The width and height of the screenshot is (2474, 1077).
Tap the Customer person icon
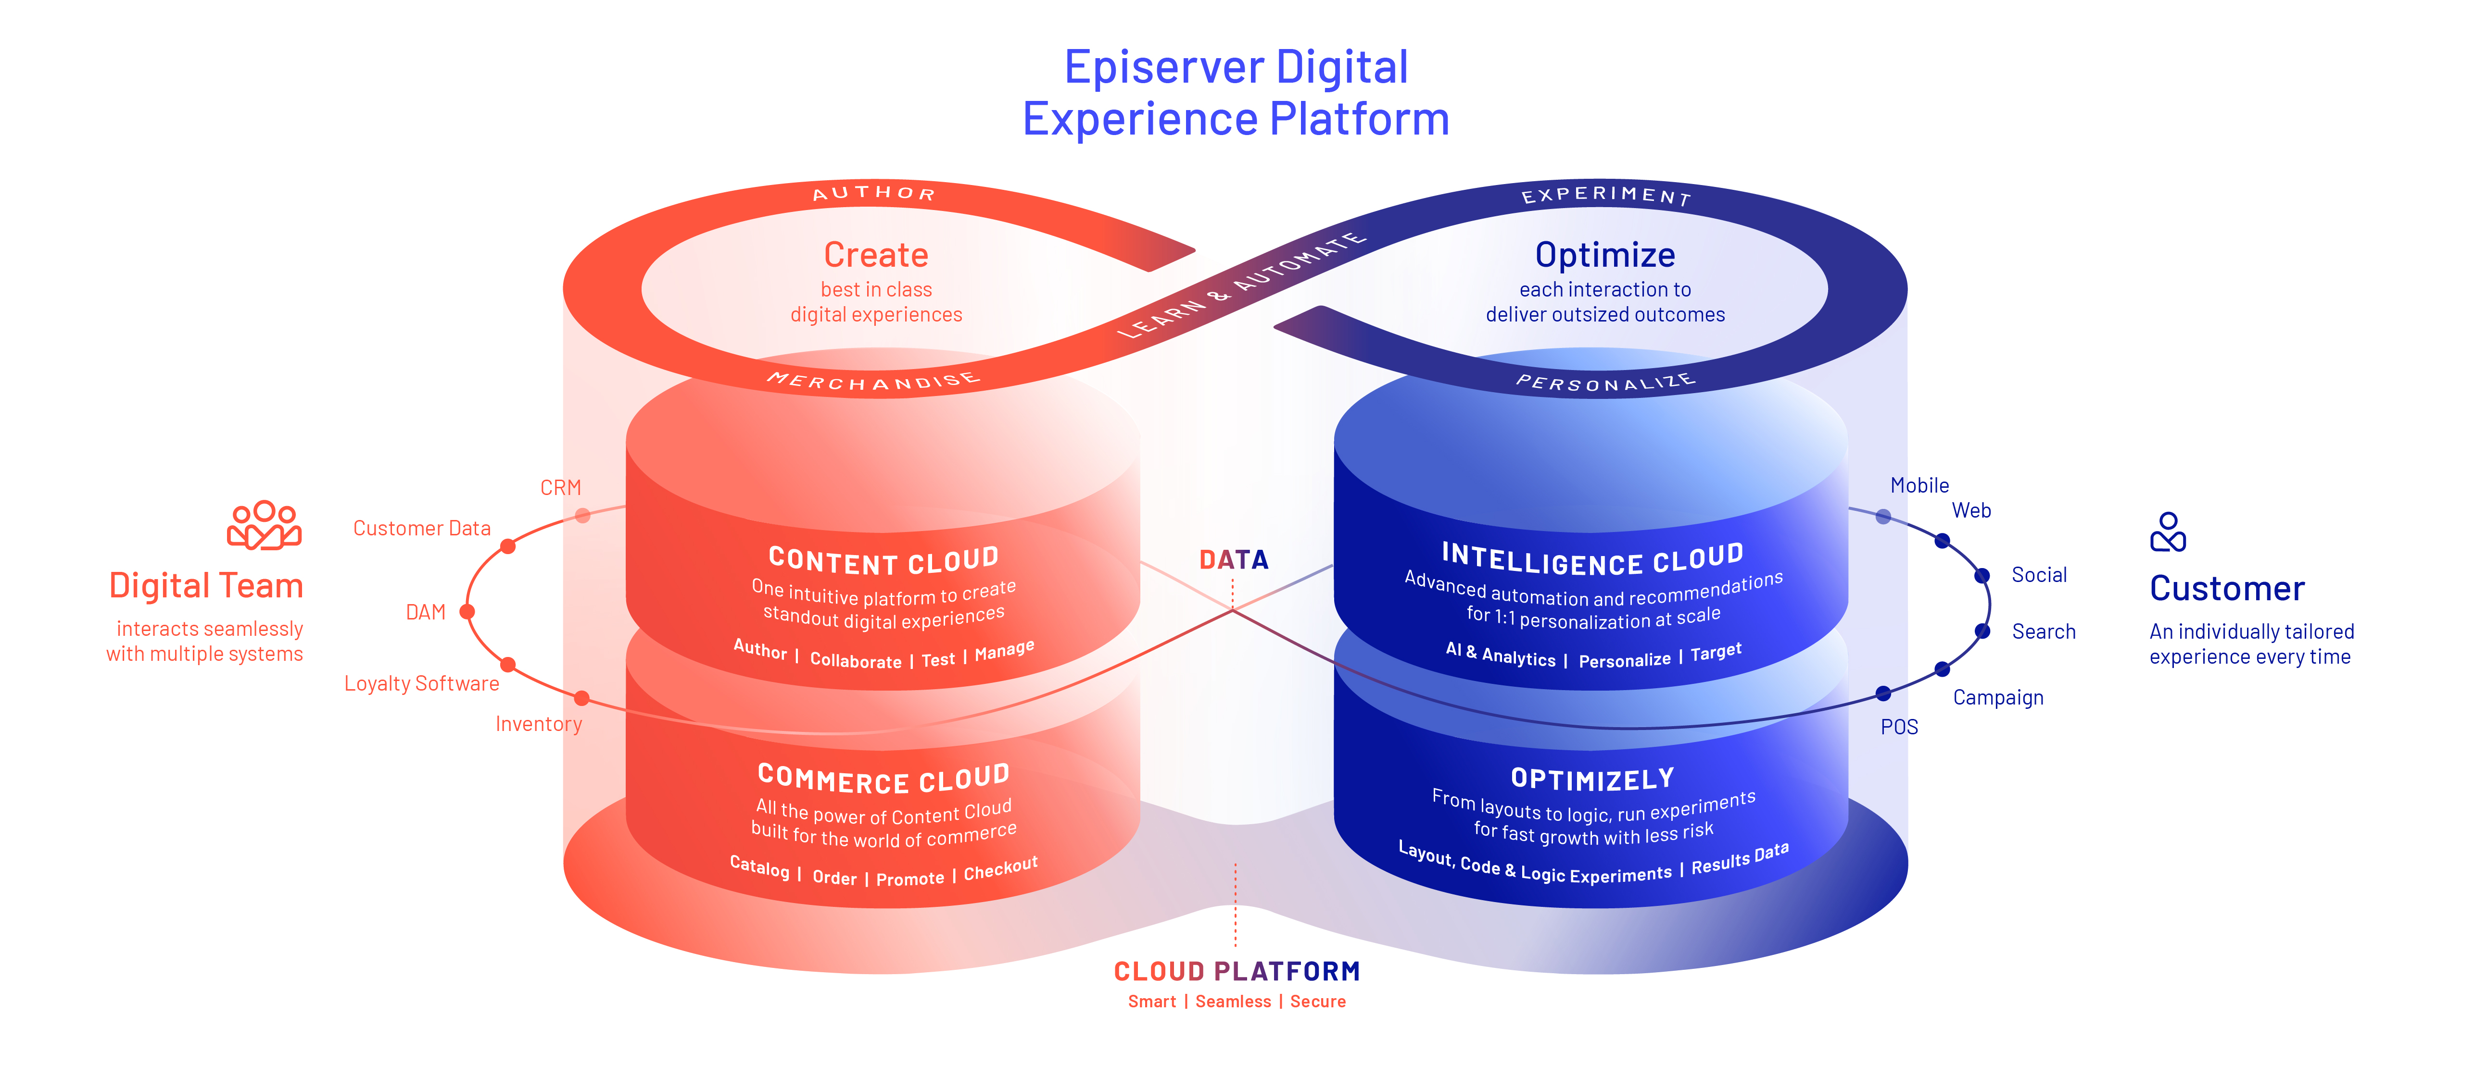[x=2168, y=532]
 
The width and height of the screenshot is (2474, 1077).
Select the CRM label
[x=561, y=488]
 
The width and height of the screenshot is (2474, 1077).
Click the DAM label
[x=426, y=612]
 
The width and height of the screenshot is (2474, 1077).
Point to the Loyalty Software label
[x=422, y=683]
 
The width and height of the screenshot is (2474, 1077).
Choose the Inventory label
[x=539, y=724]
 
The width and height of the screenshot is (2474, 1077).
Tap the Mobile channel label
[x=1920, y=486]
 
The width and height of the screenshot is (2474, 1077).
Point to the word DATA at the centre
[x=1234, y=559]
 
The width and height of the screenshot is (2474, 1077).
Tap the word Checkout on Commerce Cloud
[x=1001, y=868]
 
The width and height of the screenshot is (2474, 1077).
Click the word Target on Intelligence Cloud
[x=1716, y=653]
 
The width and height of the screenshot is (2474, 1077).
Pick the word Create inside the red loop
[x=876, y=254]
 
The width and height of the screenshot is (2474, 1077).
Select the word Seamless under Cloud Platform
[x=1233, y=1001]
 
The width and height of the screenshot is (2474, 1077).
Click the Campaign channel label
[x=1998, y=698]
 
